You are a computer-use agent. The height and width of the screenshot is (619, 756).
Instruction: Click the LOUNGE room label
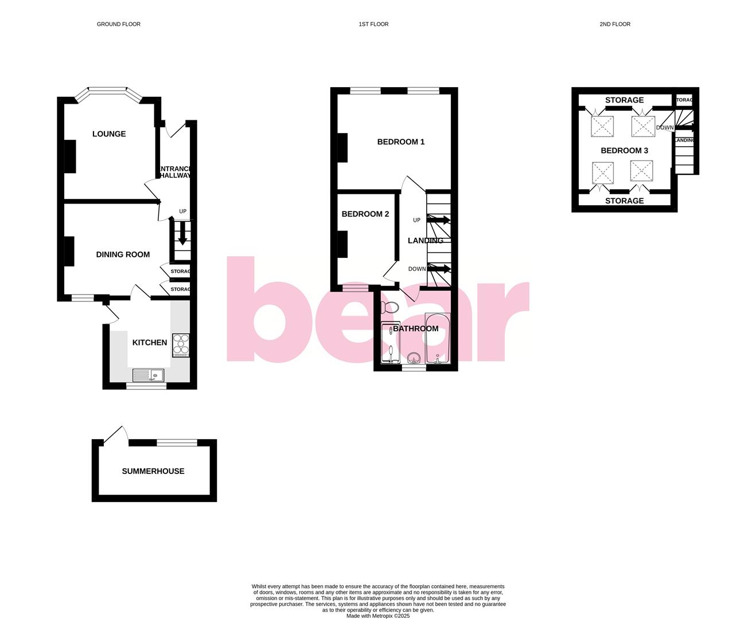tap(109, 134)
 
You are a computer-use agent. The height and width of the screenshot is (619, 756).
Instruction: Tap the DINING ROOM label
tap(123, 254)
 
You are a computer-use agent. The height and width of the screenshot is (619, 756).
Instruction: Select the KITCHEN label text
tap(150, 343)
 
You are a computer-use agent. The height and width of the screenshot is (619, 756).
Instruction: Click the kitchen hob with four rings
tap(181, 345)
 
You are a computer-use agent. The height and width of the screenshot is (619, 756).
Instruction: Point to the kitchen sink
tap(148, 375)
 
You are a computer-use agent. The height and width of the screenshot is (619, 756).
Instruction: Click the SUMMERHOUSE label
tap(153, 471)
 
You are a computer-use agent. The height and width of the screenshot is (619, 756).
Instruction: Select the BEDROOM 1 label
tap(401, 142)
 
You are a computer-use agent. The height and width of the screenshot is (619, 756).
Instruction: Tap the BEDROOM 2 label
tap(365, 214)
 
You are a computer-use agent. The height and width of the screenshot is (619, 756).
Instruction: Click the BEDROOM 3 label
tap(624, 151)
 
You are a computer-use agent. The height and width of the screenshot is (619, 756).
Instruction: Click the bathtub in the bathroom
tap(438, 338)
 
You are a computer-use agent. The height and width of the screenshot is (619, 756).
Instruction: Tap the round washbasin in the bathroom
tap(413, 359)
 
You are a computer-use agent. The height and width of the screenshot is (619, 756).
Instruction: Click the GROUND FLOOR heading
tap(119, 24)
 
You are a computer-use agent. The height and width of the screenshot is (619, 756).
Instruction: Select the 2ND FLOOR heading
tap(615, 24)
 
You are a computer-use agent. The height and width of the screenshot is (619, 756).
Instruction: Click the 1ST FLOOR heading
tap(373, 24)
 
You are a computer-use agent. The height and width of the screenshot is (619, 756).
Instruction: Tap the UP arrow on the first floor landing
tap(439, 220)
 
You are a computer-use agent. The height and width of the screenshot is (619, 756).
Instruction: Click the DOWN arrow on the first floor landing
tap(439, 268)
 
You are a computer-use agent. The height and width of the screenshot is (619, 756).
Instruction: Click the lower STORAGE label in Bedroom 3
tap(624, 201)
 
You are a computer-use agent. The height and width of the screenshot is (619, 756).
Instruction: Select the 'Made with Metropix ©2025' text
tap(378, 616)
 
